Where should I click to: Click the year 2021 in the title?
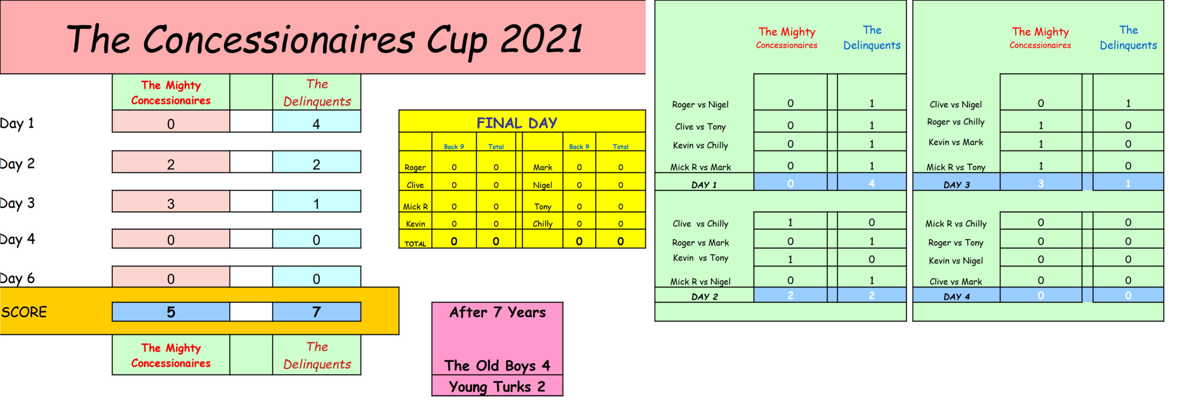542,39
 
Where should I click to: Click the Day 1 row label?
17,124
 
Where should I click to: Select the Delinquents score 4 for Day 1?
316,124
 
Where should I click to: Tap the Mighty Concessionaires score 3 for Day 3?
171,203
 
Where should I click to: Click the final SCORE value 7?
316,312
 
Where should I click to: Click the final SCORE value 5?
171,312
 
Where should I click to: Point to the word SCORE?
24,312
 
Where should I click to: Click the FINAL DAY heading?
517,123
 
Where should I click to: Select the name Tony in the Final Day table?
542,206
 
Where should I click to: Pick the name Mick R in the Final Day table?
415,206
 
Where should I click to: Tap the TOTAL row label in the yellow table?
415,243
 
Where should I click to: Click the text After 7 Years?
497,312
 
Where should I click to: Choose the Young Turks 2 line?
497,387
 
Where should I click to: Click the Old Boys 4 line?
497,366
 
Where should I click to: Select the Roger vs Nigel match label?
700,105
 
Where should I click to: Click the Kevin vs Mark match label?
956,142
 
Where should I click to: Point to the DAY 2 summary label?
705,296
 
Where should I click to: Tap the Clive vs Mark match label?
956,282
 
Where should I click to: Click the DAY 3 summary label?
957,184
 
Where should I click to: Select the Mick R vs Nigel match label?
700,282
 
